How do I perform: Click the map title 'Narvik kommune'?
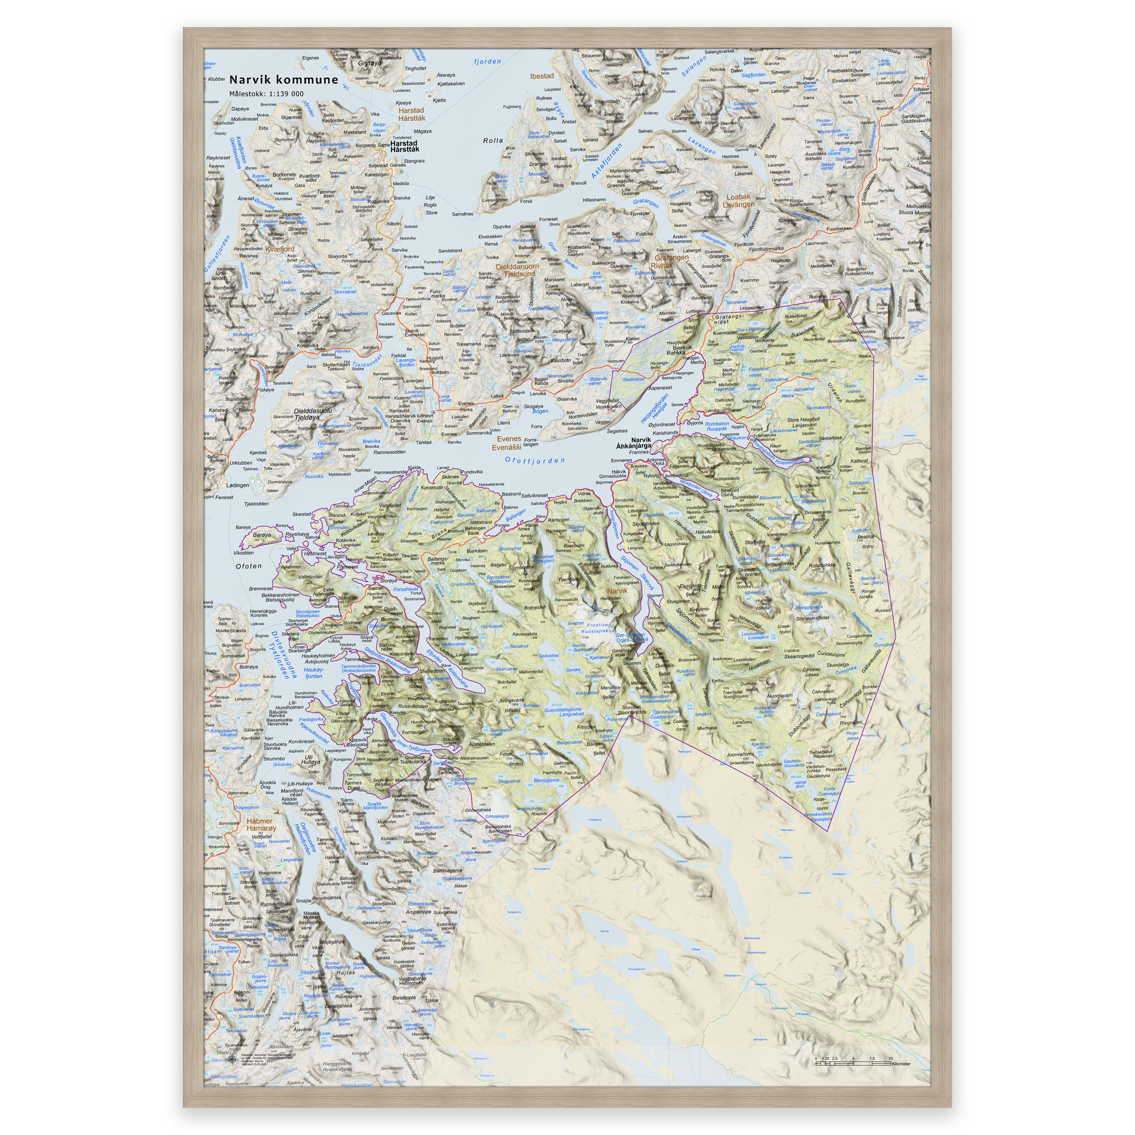pyautogui.click(x=283, y=80)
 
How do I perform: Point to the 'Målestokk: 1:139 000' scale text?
pyautogui.click(x=266, y=94)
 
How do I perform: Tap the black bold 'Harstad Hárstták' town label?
pyautogui.click(x=404, y=146)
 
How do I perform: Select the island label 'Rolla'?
pyautogui.click(x=493, y=140)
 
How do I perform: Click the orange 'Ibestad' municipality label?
pyautogui.click(x=541, y=76)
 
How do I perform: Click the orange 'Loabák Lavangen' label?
pyautogui.click(x=738, y=201)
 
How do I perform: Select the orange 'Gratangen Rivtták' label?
pyautogui.click(x=672, y=262)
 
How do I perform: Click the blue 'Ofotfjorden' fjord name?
pyautogui.click(x=535, y=461)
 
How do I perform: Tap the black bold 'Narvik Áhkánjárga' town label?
pyautogui.click(x=635, y=442)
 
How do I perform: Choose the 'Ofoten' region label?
pyautogui.click(x=248, y=566)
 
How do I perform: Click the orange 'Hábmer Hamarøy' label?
pyautogui.click(x=260, y=825)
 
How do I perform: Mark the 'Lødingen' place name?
pyautogui.click(x=238, y=485)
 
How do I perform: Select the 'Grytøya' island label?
pyautogui.click(x=370, y=63)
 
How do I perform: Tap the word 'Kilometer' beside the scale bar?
pyautogui.click(x=901, y=1064)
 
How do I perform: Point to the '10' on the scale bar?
pyautogui.click(x=891, y=1058)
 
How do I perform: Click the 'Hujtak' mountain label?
pyautogui.click(x=345, y=972)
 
